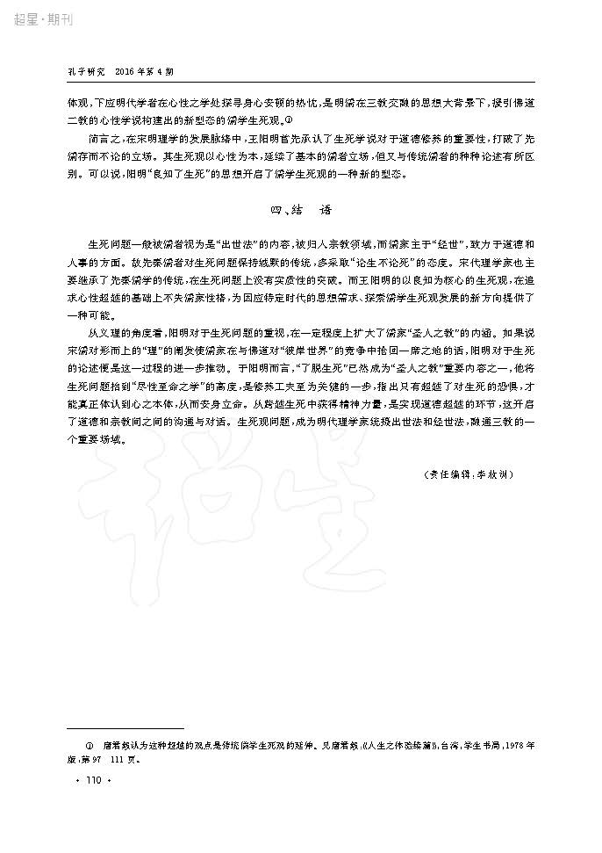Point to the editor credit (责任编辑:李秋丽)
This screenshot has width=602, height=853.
point(469,473)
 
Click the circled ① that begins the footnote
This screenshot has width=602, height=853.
point(87,744)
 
